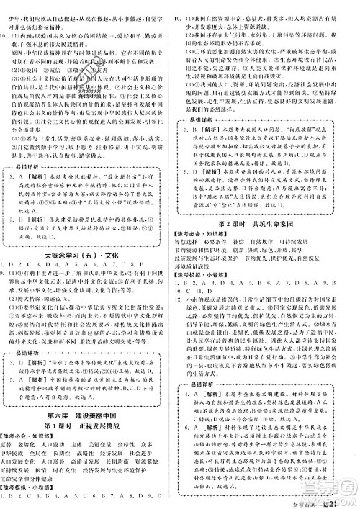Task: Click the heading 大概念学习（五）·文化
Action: coord(90,253)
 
